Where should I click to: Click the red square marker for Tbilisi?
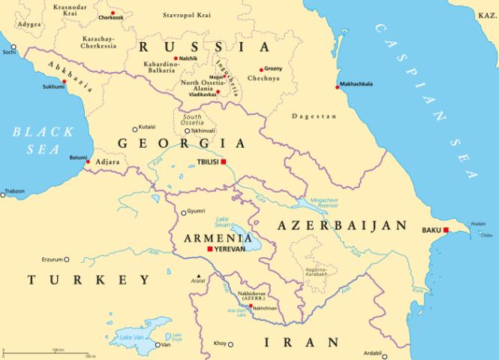[223, 161]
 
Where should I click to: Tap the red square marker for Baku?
[446, 230]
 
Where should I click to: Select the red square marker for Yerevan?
[209, 249]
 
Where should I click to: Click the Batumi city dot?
[88, 162]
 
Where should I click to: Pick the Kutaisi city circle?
[135, 129]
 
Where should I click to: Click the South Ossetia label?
[193, 121]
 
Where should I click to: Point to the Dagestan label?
[314, 116]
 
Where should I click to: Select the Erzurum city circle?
[66, 259]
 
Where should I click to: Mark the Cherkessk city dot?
[113, 13]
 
